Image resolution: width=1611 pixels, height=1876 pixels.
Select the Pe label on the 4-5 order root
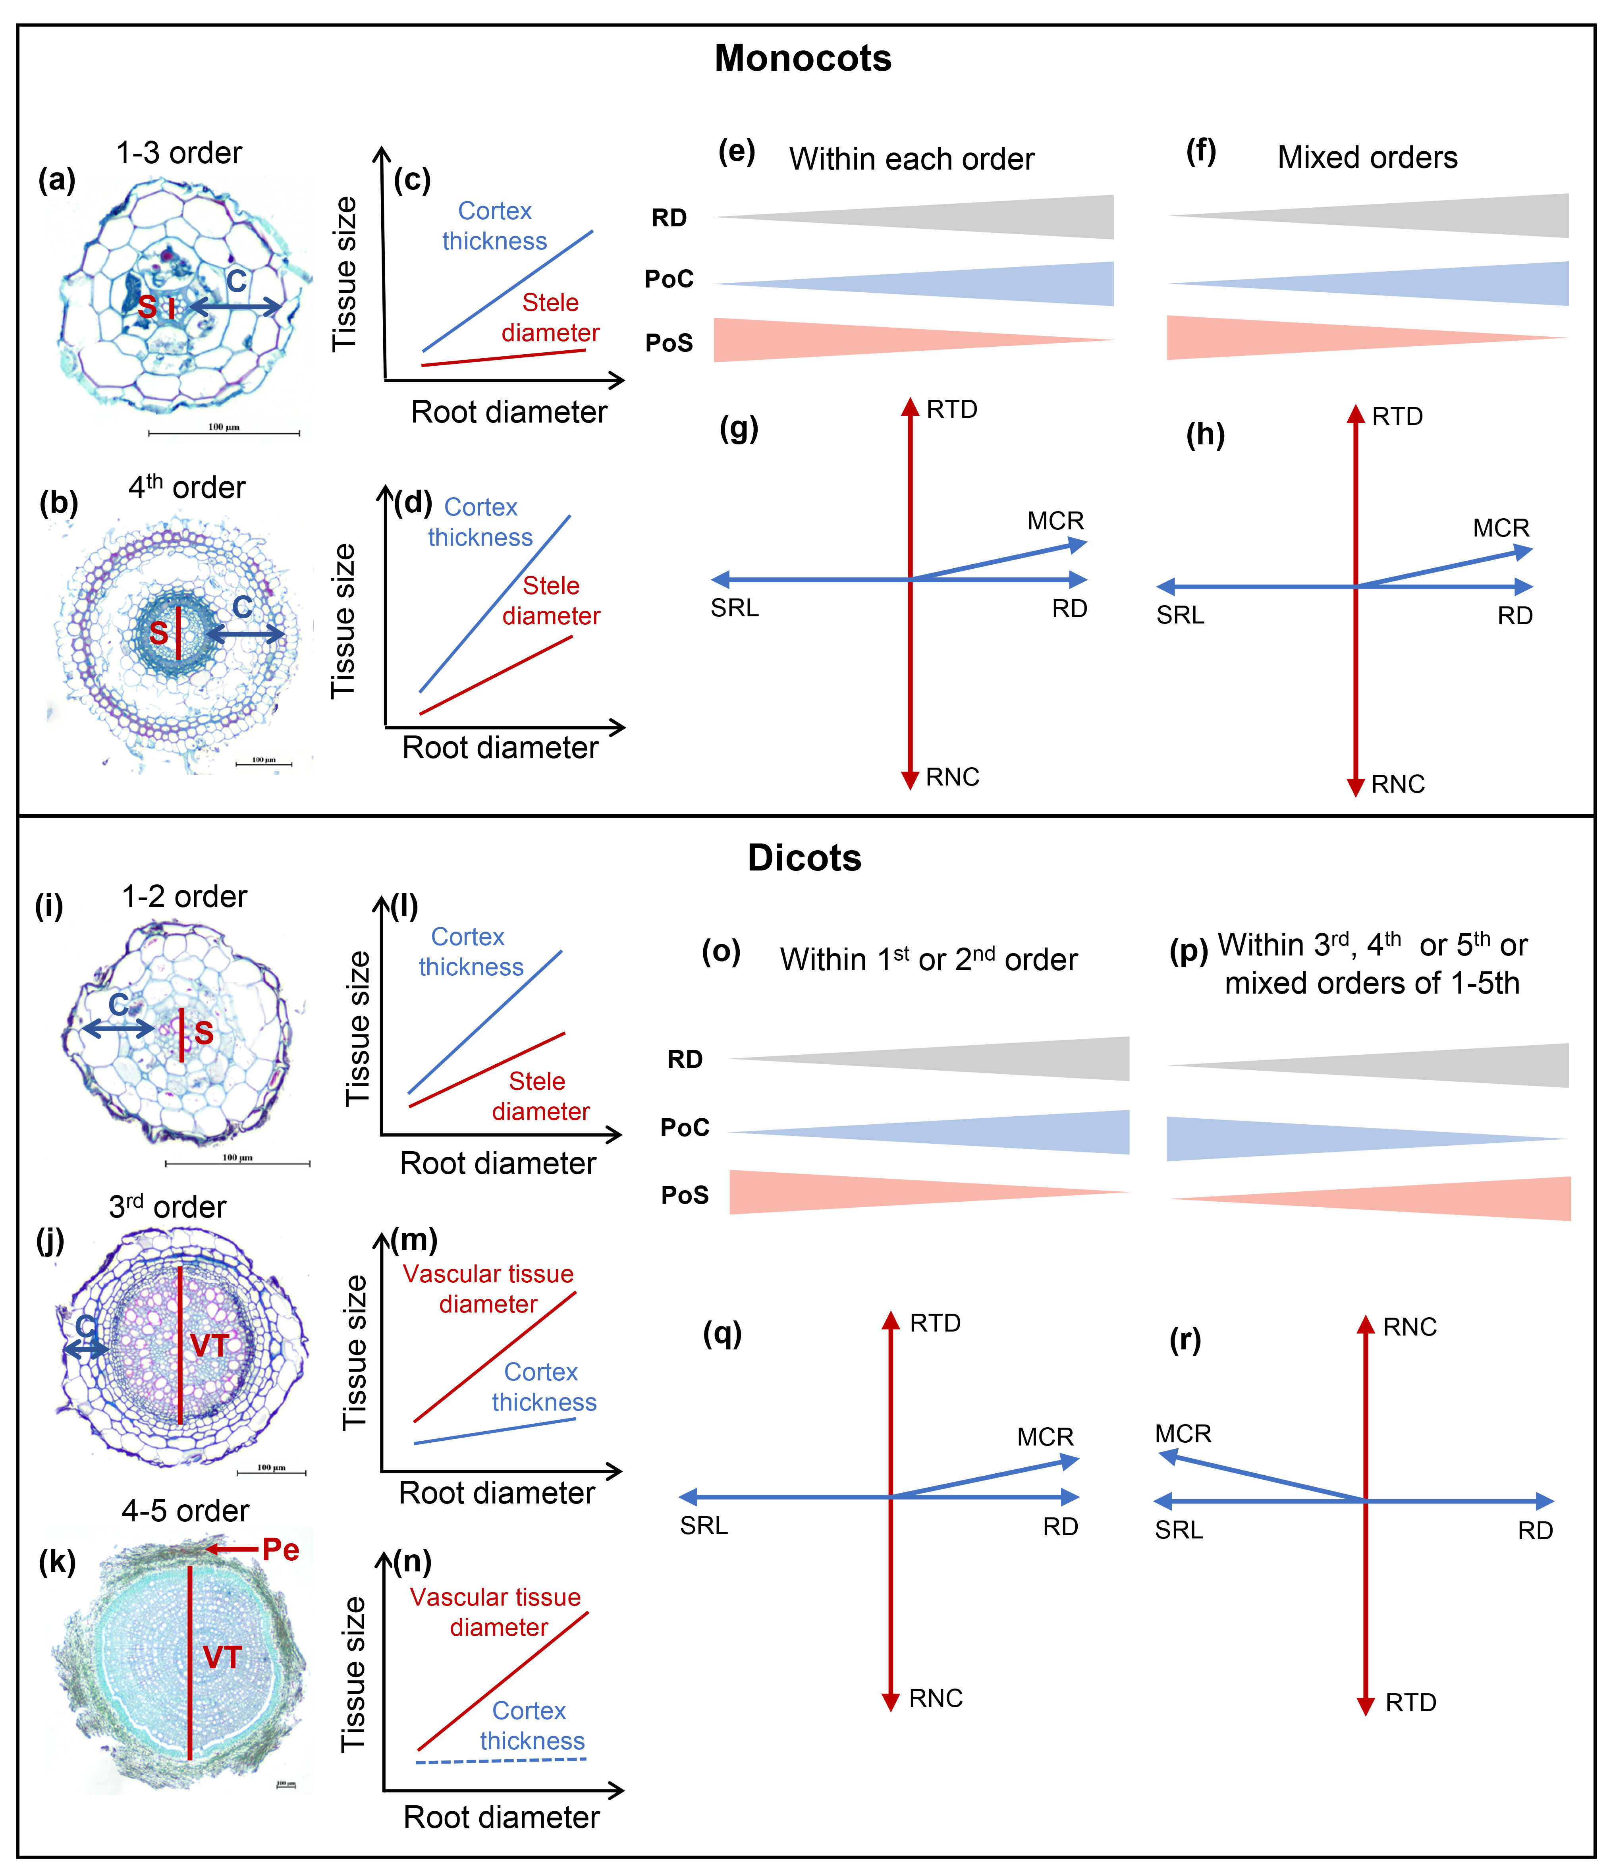click(x=281, y=1550)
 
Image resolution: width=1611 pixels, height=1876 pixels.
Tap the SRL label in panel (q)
click(x=704, y=1526)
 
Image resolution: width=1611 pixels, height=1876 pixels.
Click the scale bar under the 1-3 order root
click(x=224, y=433)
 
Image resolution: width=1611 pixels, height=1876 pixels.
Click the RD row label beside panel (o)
click(x=685, y=1060)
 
